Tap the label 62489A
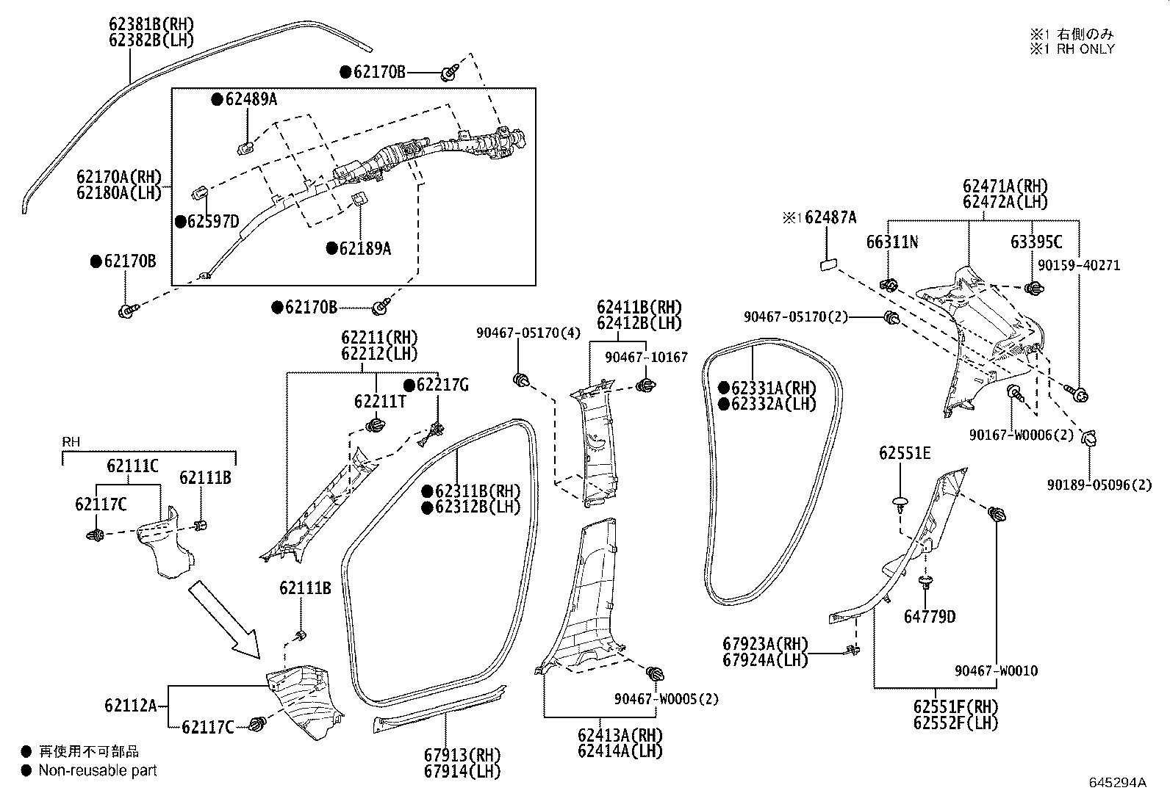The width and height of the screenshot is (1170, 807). click(251, 99)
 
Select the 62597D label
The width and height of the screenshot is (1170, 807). click(213, 221)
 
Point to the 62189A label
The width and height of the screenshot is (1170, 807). click(365, 249)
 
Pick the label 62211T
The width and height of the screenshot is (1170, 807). click(379, 401)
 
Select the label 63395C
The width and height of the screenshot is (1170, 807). click(1036, 242)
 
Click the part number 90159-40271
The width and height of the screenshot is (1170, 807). click(1079, 265)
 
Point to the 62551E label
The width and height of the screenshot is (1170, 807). click(904, 453)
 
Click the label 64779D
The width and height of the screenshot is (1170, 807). click(930, 617)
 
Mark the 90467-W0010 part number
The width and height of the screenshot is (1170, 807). click(997, 670)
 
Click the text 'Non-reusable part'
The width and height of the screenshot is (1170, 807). click(97, 770)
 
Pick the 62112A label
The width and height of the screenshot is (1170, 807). click(130, 706)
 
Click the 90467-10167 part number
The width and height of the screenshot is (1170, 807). click(646, 357)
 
